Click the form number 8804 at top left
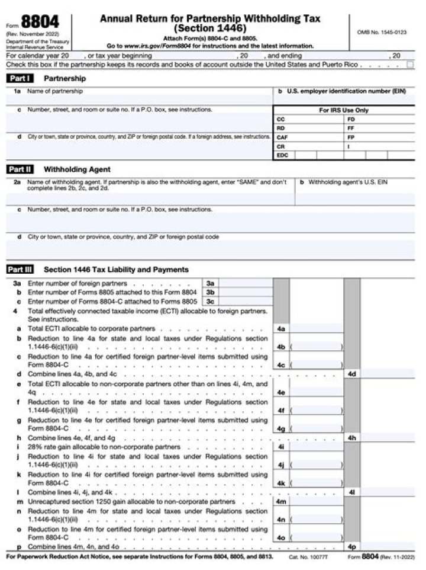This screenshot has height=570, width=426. click(40, 23)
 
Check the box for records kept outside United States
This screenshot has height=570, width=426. click(409, 65)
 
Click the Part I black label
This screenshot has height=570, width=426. click(20, 78)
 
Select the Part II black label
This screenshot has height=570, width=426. click(21, 169)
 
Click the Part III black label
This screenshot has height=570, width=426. click(21, 270)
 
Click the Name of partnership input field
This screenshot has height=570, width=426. click(139, 100)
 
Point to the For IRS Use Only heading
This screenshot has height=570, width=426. click(343, 110)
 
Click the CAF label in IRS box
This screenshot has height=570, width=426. click(282, 137)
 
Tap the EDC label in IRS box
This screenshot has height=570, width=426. click(282, 155)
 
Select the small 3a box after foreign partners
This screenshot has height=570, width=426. click(210, 284)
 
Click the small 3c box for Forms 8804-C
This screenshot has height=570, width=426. click(210, 302)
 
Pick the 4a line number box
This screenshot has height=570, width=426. click(281, 328)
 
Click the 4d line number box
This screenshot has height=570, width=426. click(351, 374)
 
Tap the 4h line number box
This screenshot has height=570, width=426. click(351, 438)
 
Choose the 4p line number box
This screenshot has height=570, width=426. click(351, 547)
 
